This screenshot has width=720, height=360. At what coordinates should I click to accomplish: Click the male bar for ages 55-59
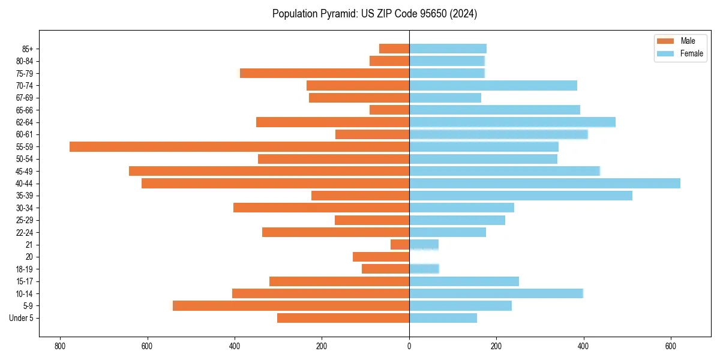(239, 147)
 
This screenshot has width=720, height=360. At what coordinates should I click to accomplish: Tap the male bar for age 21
(400, 245)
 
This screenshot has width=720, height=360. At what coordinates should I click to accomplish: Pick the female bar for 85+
(448, 49)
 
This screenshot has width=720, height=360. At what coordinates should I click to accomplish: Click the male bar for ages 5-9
(291, 306)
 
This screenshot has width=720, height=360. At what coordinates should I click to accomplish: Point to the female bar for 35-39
(521, 196)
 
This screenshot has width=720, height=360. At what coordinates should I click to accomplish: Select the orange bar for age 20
(381, 257)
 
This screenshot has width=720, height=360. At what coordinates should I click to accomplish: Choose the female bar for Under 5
(443, 318)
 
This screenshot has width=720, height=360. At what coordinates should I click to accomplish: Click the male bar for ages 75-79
(325, 73)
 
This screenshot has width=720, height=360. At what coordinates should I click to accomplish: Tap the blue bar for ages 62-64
(512, 122)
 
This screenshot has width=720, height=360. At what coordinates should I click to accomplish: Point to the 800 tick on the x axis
(59, 346)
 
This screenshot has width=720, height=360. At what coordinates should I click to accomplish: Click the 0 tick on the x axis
(409, 346)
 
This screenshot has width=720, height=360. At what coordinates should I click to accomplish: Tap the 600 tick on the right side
(671, 346)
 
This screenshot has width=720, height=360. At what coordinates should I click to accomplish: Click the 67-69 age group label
(24, 98)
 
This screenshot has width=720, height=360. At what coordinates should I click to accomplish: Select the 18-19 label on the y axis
(24, 269)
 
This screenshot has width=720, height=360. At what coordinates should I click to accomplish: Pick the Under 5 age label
(21, 318)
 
